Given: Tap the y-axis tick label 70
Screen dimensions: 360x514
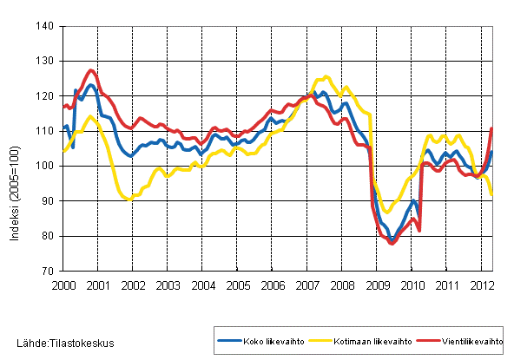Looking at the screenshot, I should coord(49,271).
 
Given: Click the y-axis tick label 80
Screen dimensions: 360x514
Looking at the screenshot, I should coord(49,236).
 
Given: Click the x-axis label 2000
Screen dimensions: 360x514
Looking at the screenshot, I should coord(63,285).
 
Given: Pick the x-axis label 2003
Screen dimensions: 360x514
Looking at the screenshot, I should coord(168,285).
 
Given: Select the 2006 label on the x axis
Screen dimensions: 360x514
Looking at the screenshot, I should coord(273,285).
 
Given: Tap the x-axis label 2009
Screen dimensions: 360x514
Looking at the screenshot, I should coord(378,285).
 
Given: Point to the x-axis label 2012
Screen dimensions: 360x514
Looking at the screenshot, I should coord(483,285).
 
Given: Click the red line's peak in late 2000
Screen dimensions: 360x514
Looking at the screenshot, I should coord(91,70).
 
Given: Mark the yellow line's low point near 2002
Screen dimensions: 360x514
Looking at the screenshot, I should coord(128,200).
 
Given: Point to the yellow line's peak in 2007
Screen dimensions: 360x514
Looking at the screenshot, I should coord(326,77).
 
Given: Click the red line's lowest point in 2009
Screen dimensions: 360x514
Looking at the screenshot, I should coord(392,244).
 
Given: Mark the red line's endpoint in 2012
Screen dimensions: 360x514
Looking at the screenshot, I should coord(492,128).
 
